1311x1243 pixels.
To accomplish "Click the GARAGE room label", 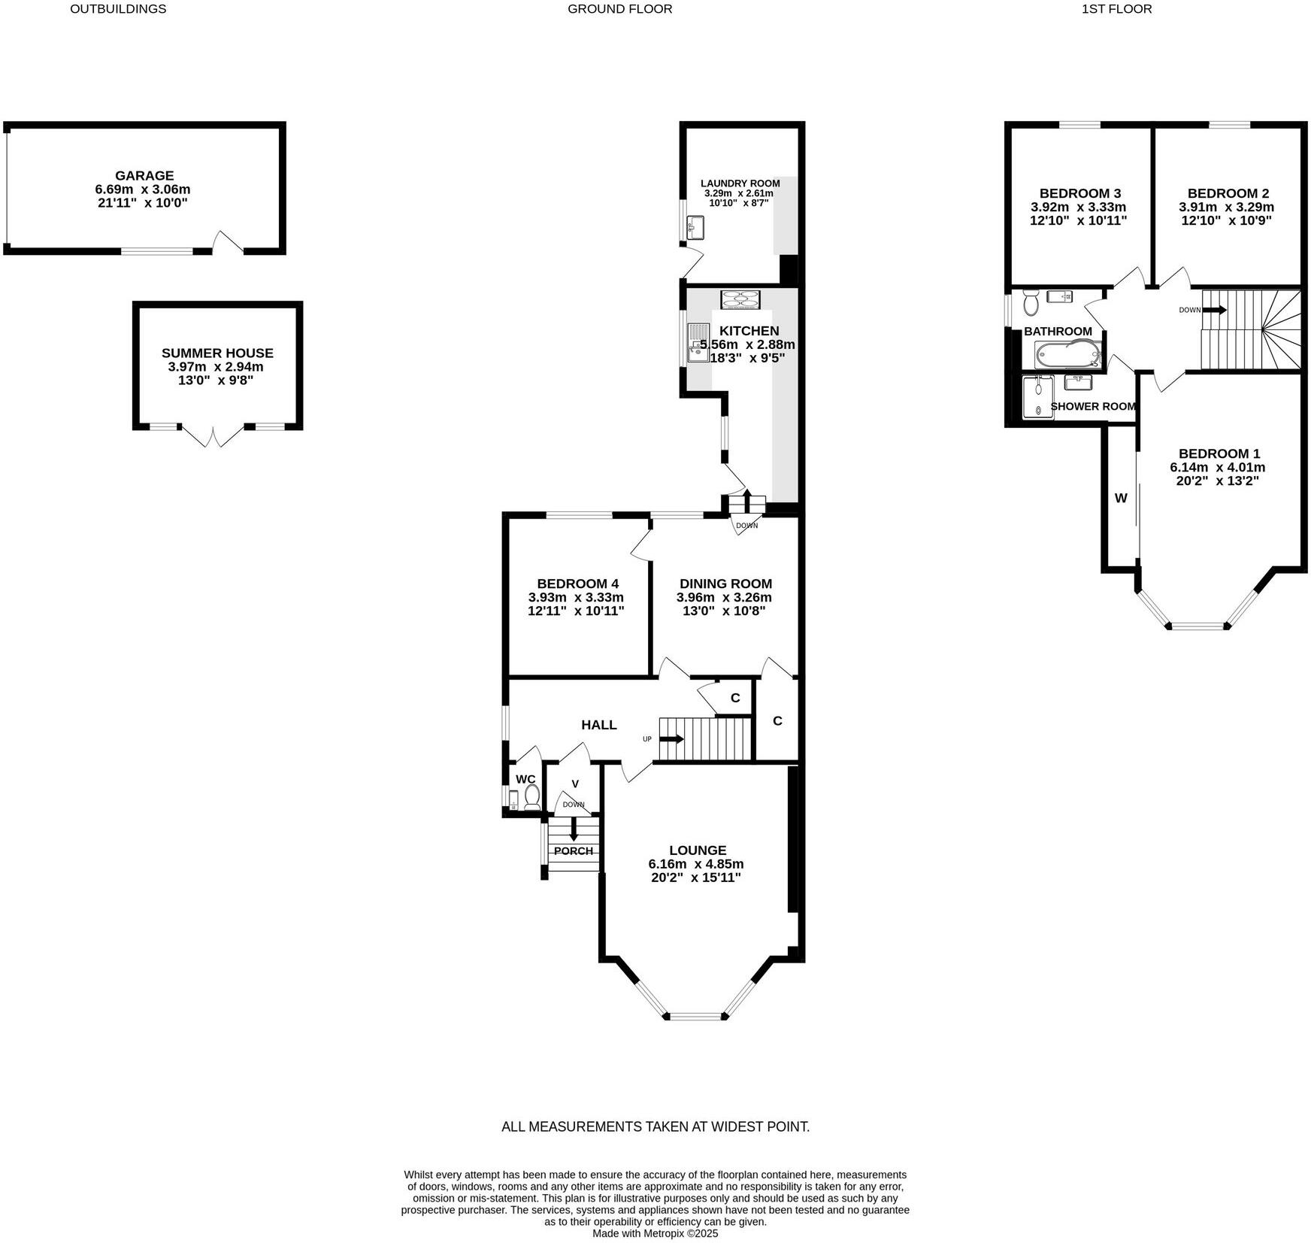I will [x=144, y=175].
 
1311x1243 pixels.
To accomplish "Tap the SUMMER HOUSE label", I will [x=217, y=353].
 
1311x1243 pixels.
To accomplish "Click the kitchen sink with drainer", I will [x=698, y=342].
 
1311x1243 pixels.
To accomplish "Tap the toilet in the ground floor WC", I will [x=532, y=796].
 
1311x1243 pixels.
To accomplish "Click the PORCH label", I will [x=574, y=850].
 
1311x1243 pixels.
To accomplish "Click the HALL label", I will [x=598, y=724].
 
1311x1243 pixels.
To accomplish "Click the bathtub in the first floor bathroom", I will [x=1067, y=353].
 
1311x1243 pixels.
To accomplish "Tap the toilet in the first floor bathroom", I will [x=1031, y=303].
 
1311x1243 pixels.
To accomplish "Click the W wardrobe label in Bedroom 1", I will [x=1120, y=498].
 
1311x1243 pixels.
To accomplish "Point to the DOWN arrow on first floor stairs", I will [x=1213, y=310].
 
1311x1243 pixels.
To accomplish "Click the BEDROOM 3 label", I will [x=1079, y=193].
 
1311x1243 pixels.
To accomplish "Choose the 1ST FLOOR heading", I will [x=1116, y=9].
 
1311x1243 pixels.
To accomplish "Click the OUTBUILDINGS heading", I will [x=118, y=9].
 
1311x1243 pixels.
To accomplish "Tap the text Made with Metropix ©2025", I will [x=655, y=1233].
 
